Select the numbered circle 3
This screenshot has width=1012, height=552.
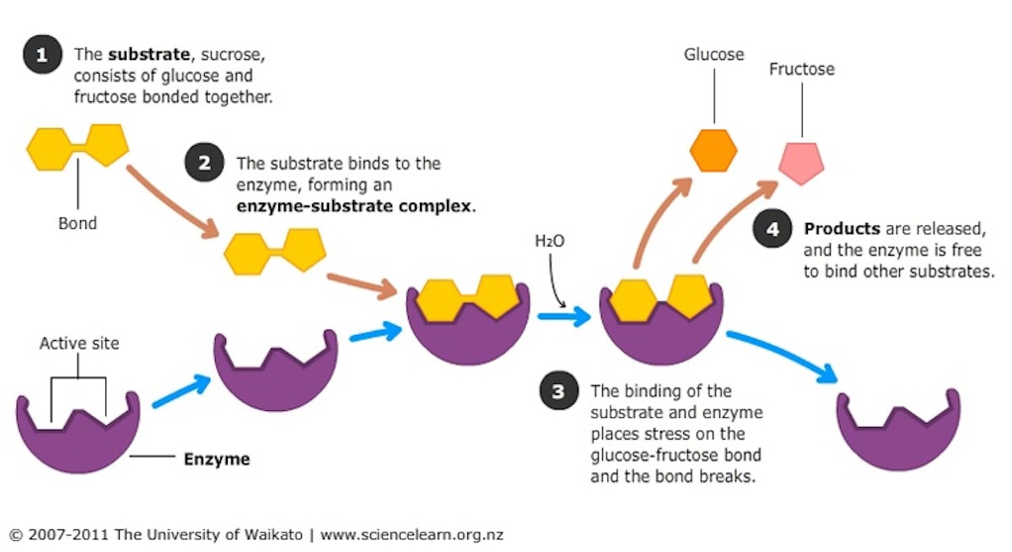tap(558, 392)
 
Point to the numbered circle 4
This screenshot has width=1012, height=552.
tap(772, 230)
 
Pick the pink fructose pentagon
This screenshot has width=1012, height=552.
tap(801, 161)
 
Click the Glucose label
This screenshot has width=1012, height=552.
tap(713, 55)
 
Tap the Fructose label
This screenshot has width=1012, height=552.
tap(801, 69)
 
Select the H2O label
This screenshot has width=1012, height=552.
tap(549, 241)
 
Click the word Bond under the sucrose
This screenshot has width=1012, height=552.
tap(78, 224)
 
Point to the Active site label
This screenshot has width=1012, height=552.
tap(79, 344)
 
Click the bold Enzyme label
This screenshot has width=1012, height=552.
tap(217, 460)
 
